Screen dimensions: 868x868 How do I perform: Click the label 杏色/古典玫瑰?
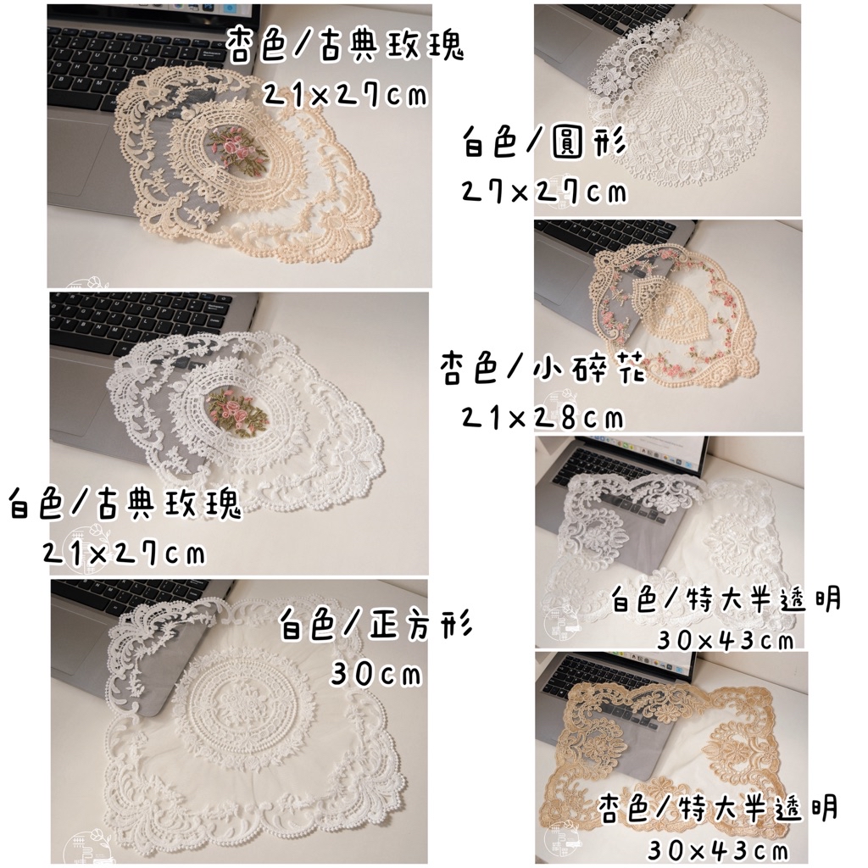(x=344, y=46)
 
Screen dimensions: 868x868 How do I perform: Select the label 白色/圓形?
(x=544, y=142)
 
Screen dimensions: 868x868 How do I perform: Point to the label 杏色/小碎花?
(x=543, y=369)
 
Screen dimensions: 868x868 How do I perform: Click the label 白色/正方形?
(x=376, y=625)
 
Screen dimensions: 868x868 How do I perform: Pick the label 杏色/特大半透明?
(x=718, y=809)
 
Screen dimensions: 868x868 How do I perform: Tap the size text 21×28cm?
(x=543, y=417)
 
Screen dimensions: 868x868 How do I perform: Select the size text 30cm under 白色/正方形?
(x=376, y=674)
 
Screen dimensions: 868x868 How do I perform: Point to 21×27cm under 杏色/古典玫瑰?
(x=344, y=95)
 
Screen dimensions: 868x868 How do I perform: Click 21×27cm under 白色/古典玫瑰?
(x=124, y=553)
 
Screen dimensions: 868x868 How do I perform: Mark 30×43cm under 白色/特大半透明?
(x=726, y=640)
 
